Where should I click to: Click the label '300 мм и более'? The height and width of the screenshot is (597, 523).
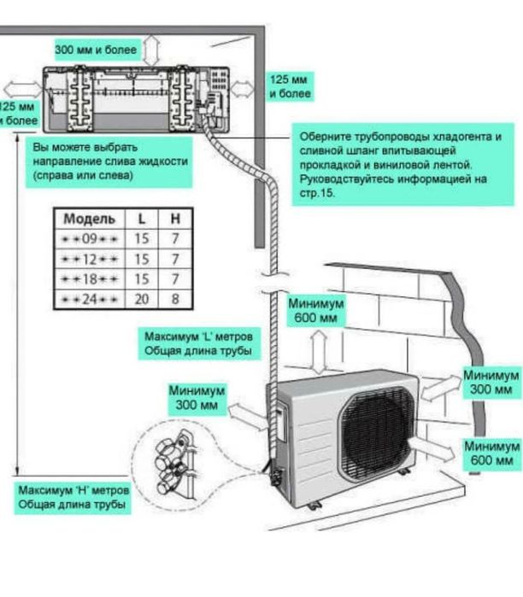[x=96, y=50]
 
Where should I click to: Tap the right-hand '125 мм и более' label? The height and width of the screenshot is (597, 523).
[x=290, y=86]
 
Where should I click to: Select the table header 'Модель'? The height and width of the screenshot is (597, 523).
[x=84, y=218]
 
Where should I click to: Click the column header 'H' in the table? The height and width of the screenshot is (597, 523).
[x=175, y=218]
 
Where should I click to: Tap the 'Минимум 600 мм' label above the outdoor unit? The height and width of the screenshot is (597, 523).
[x=315, y=311]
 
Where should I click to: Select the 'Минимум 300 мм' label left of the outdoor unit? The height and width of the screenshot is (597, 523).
[x=197, y=397]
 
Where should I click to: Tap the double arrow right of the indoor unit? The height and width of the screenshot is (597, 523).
[x=242, y=87]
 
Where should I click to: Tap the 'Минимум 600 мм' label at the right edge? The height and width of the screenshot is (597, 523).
[x=492, y=454]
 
